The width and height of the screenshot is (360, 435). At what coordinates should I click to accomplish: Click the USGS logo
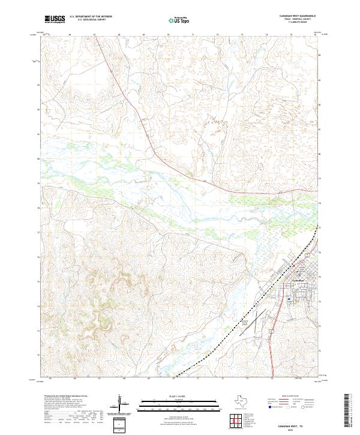55,19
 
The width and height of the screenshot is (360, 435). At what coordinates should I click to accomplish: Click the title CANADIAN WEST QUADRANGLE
297,16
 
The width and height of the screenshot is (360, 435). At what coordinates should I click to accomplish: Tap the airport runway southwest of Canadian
254,325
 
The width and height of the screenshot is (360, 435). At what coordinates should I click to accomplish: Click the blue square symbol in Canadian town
289,298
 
